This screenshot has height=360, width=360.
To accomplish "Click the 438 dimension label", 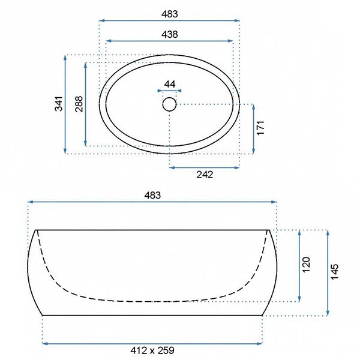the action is point(170,34).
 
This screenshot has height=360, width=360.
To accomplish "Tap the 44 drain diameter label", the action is point(170,84).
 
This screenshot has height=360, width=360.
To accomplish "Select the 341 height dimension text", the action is point(59,104).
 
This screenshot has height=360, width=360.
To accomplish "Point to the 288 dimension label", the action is point(79,104).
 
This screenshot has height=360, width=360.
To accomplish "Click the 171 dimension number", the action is point(260,128).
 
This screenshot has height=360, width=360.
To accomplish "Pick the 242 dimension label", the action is point(205,175).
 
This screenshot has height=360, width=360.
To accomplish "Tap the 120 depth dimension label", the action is point(306,265).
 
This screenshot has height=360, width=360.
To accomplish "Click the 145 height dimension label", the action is point(334,272).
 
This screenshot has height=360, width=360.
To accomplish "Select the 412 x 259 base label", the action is point(152,350).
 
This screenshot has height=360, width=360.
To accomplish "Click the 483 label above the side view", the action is point(152,196).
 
